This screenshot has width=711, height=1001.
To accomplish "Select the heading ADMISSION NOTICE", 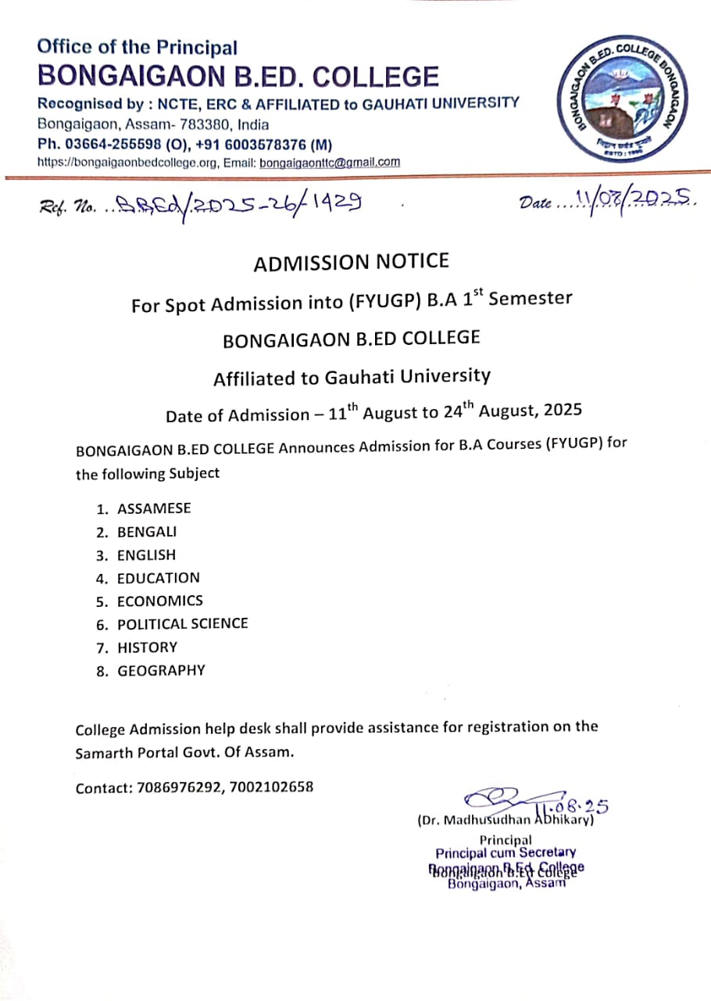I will [x=352, y=263].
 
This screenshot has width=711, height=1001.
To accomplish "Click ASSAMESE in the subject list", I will [x=154, y=508].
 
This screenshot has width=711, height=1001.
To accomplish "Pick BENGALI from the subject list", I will [x=147, y=532].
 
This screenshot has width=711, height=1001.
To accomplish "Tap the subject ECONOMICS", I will [x=159, y=601].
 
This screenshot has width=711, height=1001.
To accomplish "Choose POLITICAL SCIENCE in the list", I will [x=182, y=623].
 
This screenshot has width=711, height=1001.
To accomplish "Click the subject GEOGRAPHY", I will [x=161, y=670].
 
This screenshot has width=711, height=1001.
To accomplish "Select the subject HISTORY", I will [x=147, y=647].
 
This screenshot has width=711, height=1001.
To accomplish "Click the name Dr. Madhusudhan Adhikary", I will [x=506, y=821].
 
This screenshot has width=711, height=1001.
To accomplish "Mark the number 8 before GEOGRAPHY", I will [x=101, y=671].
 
